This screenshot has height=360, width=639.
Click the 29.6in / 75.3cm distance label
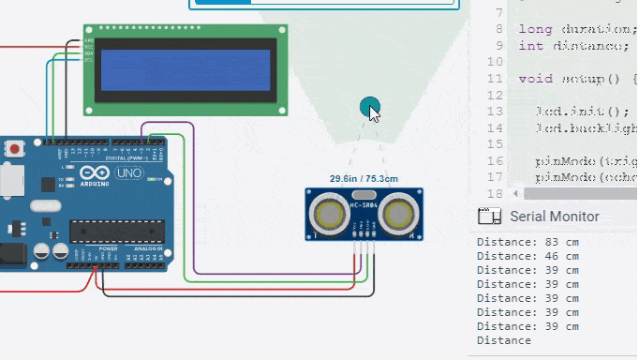tap(364, 178)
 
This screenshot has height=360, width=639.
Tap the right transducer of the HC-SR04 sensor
tap(397, 212)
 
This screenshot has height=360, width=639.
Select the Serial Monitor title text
tap(554, 217)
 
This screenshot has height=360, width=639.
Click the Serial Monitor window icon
tap(487, 217)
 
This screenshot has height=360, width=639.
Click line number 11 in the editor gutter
tap(495, 79)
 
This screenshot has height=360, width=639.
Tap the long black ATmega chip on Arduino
tap(116, 231)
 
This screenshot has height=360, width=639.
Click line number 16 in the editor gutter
tap(495, 160)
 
